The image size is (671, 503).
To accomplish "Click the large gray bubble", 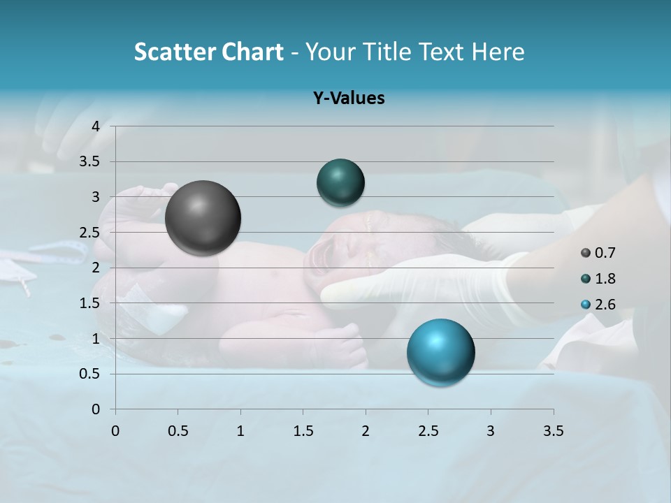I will [203, 218].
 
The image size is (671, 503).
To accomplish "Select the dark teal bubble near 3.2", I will [340, 182].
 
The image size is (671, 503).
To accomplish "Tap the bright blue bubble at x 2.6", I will [440, 352].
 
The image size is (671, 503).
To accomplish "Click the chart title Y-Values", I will [349, 99].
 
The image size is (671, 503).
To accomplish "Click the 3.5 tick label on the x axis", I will [553, 431].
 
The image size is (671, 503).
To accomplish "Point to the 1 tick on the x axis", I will [240, 431].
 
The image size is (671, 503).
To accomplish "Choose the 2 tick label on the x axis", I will [366, 431].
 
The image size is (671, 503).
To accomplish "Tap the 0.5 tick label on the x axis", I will [178, 431].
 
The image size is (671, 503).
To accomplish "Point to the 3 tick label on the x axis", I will [490, 431].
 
